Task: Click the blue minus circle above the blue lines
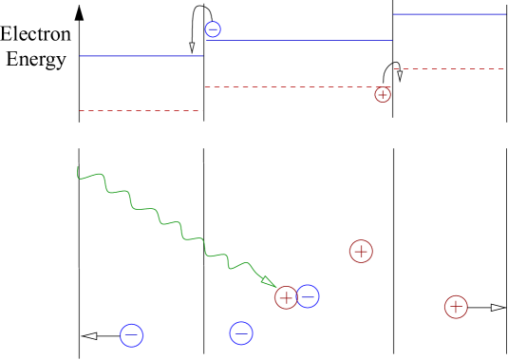[213, 29]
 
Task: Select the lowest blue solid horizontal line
[141, 56]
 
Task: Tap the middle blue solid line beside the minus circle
[299, 41]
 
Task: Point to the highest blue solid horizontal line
[448, 14]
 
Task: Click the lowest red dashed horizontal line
[141, 111]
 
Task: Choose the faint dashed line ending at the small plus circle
[290, 87]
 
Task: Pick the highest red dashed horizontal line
[448, 69]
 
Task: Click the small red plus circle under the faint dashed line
[383, 95]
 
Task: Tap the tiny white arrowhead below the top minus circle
[192, 46]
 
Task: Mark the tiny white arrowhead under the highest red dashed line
[400, 74]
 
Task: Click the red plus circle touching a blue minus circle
[286, 297]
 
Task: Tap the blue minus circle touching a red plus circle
[308, 296]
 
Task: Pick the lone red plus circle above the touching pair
[361, 252]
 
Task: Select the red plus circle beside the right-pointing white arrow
[456, 307]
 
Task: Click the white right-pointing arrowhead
[497, 307]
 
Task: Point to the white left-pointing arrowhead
[90, 335]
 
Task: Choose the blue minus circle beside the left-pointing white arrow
[132, 335]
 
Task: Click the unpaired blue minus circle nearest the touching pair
[241, 333]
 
